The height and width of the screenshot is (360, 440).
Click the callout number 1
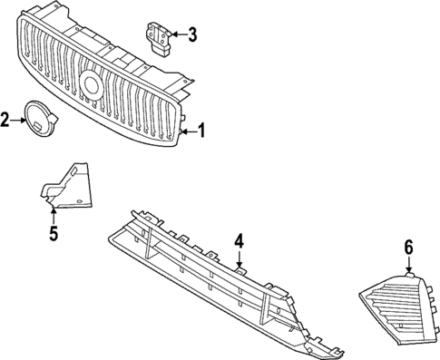click(x=201, y=132)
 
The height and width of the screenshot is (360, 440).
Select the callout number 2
click(x=6, y=119)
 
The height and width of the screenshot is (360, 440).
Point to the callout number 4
click(x=239, y=241)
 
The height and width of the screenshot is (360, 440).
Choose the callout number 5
click(x=54, y=234)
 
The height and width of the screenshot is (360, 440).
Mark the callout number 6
click(x=408, y=247)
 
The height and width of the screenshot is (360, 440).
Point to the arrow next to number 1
click(x=187, y=132)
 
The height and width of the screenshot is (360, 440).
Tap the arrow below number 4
click(x=239, y=260)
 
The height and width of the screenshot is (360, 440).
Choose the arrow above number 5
click(x=54, y=216)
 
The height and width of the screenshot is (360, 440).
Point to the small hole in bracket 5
click(x=80, y=199)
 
